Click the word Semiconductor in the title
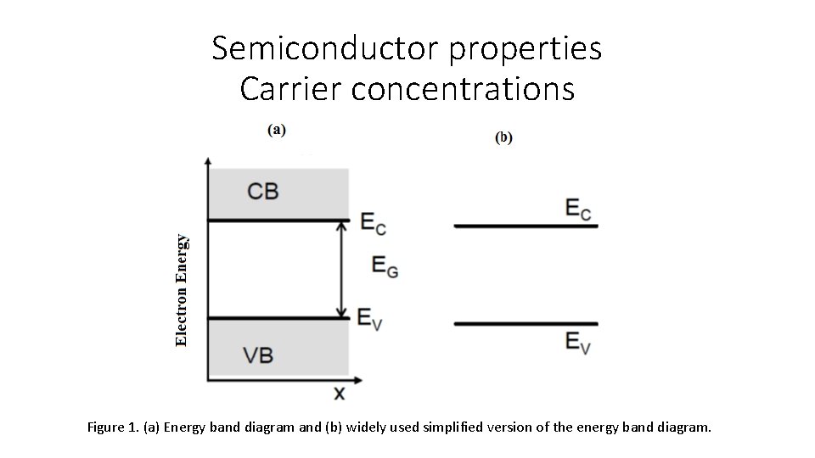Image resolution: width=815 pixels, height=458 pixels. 326,49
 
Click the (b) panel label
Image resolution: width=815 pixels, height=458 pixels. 503,137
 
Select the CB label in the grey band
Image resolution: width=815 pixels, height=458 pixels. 263,191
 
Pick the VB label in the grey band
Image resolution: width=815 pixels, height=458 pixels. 258,355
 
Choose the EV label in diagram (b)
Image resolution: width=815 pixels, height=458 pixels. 578,342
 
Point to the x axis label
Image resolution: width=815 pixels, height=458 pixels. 339,393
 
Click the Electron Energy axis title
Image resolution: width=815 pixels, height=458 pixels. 181,290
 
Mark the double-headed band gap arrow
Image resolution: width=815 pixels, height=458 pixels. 342,269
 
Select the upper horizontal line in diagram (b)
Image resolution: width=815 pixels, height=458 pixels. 526,226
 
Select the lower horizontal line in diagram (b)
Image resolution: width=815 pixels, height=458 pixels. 526,323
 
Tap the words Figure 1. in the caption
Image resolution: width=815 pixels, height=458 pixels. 113,427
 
